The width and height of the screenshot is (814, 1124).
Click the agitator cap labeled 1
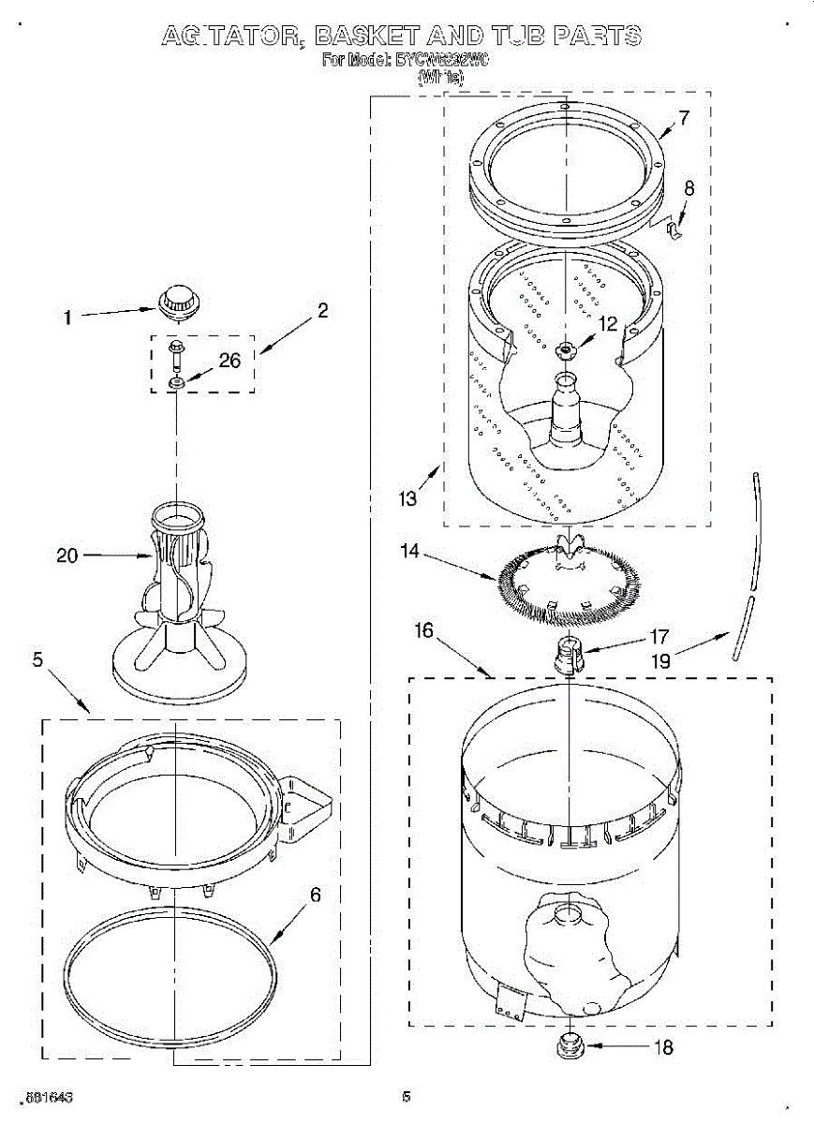tap(176, 301)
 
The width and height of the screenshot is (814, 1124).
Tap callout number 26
tap(230, 360)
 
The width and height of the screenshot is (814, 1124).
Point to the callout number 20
tap(67, 555)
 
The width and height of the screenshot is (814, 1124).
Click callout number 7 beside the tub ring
tap(684, 119)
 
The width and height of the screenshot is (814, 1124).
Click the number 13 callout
tap(407, 499)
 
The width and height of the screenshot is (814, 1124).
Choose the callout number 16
tap(424, 630)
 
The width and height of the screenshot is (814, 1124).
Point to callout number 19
tap(661, 659)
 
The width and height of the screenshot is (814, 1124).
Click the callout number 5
tap(37, 659)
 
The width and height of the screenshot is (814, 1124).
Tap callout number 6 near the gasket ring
tap(315, 895)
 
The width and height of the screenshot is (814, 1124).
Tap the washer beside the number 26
tap(176, 382)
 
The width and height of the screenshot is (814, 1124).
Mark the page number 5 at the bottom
tap(407, 1096)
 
